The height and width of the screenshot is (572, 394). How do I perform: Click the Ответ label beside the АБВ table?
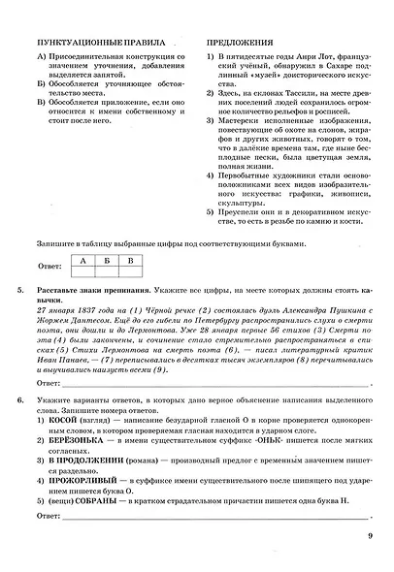tap(48, 269)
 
